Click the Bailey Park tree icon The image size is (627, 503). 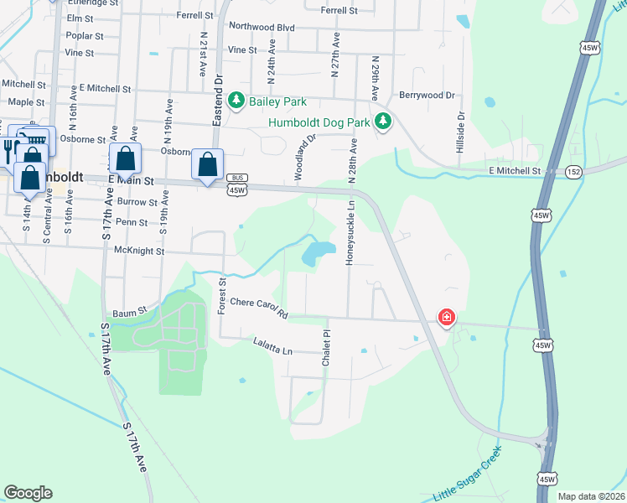click(237, 101)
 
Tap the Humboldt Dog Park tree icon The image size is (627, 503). click(383, 122)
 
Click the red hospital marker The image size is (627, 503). click(447, 317)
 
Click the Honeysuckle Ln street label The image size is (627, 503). click(352, 230)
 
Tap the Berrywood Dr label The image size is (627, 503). click(426, 96)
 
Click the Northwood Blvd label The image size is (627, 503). click(262, 28)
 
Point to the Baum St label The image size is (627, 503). click(130, 310)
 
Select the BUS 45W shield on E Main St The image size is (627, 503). click(236, 184)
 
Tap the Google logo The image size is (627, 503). click(28, 492)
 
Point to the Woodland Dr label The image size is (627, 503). click(304, 158)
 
